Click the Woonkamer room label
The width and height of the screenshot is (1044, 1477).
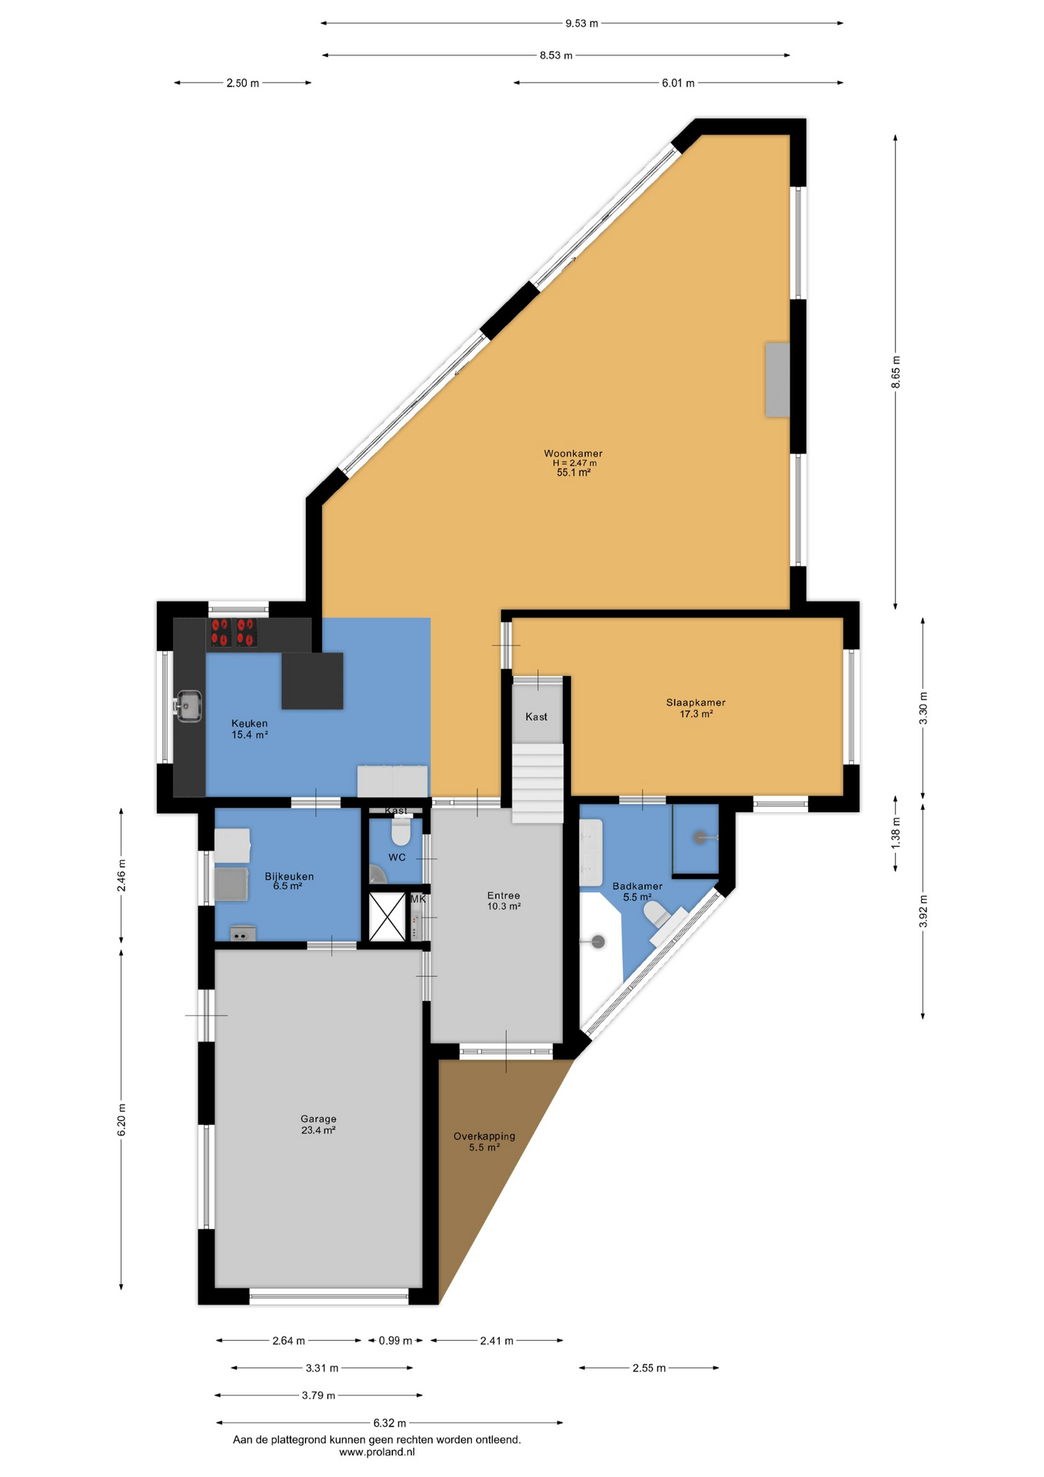573,454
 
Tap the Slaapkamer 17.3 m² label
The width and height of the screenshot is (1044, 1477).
696,708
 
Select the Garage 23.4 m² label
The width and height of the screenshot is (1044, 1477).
318,1125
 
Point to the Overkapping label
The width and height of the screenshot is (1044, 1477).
484,1136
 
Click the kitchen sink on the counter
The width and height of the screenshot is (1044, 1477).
188,706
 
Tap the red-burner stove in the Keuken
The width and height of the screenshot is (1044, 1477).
233,632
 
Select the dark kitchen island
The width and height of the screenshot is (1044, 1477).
312,681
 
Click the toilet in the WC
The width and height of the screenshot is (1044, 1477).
401,832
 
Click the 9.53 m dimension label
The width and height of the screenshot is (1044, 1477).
581,23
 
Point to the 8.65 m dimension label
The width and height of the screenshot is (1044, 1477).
896,372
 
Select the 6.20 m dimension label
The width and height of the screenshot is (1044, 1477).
121,1119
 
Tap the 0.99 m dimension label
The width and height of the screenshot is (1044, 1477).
395,1340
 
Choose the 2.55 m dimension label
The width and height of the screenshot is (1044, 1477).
649,1368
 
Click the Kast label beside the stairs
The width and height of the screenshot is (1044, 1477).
537,716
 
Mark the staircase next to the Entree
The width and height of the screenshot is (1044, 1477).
538,783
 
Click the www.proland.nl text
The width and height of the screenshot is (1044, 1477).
377,1452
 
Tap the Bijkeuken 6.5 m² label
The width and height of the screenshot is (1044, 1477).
289,881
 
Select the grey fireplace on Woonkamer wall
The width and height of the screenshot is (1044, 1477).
777,380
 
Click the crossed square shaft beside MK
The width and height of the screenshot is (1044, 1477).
387,916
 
